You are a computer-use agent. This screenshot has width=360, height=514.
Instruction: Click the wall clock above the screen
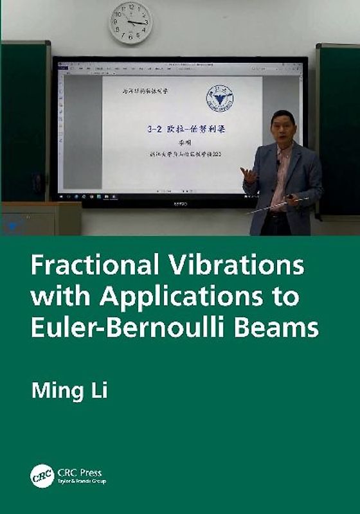click(x=130, y=22)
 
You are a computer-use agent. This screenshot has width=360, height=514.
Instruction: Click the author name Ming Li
click(x=69, y=391)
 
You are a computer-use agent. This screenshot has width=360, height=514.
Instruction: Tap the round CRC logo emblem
click(x=42, y=476)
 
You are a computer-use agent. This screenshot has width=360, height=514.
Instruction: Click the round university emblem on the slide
click(x=219, y=99)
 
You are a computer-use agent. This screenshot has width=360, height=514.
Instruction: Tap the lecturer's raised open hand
click(x=249, y=173)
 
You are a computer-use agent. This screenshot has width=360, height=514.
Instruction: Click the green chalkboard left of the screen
click(x=24, y=122)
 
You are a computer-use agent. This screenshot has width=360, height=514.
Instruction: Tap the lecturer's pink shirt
click(x=281, y=180)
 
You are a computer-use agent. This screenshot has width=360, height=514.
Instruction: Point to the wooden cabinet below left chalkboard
click(x=40, y=218)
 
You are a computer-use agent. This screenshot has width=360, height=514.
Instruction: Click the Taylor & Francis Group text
click(x=81, y=481)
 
